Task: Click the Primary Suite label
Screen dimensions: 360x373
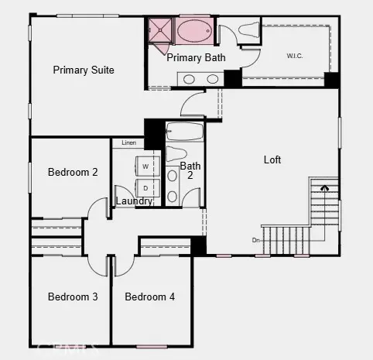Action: (84, 70)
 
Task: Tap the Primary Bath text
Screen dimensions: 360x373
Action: (197, 57)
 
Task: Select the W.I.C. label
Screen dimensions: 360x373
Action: (294, 55)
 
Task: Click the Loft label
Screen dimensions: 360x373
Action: (272, 160)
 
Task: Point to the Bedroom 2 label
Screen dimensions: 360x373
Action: (73, 172)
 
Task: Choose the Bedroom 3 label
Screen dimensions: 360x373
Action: (73, 297)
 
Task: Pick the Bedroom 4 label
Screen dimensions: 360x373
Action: (150, 297)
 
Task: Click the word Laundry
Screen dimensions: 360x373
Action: (134, 201)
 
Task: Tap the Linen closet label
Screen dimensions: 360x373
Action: (128, 143)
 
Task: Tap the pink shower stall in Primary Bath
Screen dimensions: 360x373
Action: (161, 32)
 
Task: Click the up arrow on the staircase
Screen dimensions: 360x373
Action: (324, 187)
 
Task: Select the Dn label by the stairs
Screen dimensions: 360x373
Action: (256, 239)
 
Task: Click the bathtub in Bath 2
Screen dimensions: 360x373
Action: (184, 130)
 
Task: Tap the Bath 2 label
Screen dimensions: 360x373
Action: (190, 170)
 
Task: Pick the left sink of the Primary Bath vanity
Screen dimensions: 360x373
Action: (190, 78)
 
